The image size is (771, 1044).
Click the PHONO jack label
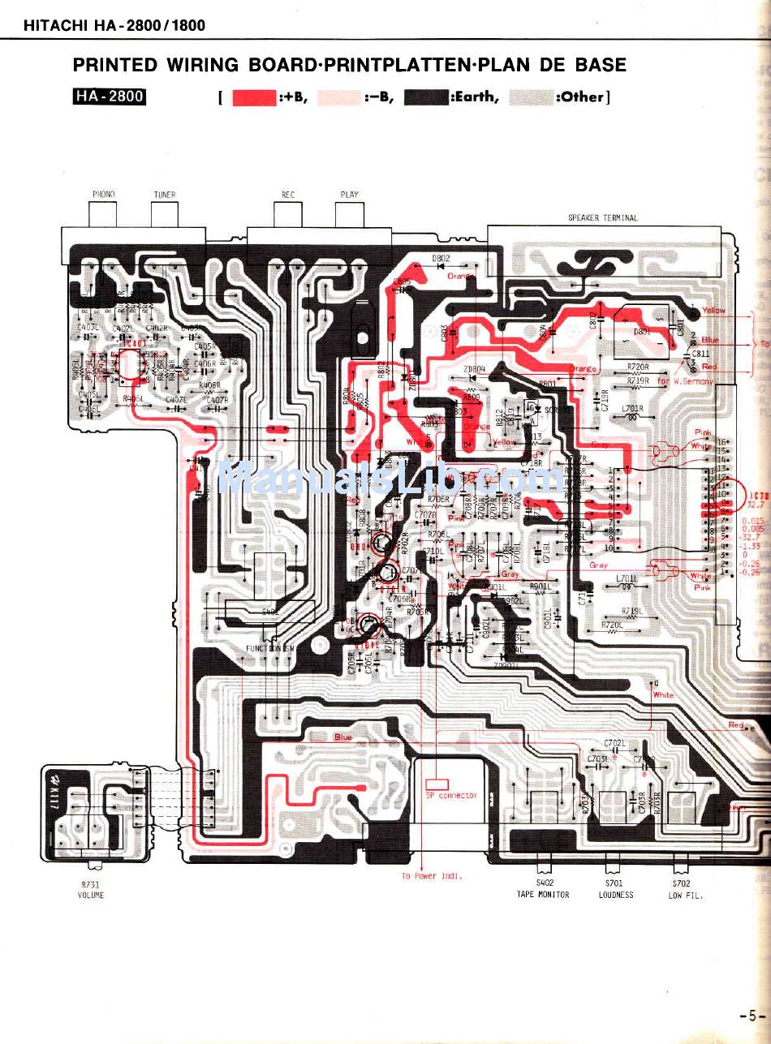point(103,195)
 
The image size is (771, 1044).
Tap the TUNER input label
point(164,195)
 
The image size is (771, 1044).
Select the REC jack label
point(287,195)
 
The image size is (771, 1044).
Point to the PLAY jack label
point(349,195)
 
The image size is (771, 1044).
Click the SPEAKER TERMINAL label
point(602,217)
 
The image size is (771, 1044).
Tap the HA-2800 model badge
point(110,97)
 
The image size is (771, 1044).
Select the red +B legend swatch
point(255,98)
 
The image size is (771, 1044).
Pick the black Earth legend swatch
point(426,98)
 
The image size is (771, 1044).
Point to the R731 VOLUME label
point(91,890)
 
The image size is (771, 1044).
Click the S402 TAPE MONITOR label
point(543,889)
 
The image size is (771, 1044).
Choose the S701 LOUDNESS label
point(615,889)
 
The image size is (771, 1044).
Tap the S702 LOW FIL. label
point(685,889)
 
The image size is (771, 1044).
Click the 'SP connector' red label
point(451,795)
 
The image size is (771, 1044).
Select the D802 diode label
point(441,259)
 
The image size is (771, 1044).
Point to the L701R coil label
point(632,408)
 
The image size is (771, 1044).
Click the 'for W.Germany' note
point(685,381)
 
